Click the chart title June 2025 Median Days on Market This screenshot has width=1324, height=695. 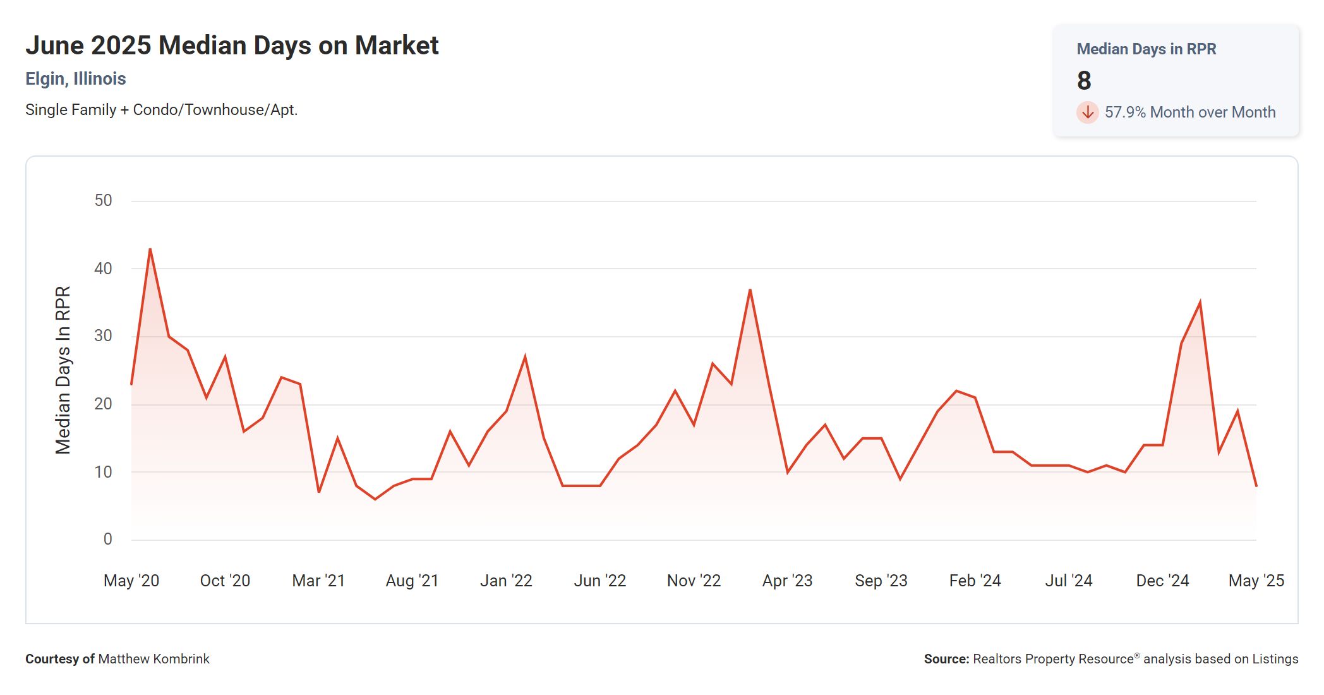coord(232,46)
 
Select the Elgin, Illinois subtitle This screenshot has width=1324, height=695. coord(76,79)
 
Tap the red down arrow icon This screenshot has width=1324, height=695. coord(1087,112)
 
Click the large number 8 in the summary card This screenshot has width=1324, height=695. coord(1084,81)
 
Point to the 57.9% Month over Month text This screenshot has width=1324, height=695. coord(1189,112)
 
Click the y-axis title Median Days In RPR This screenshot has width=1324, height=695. coord(63,370)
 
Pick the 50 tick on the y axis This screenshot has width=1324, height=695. coord(103,201)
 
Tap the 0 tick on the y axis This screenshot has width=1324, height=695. coord(107,539)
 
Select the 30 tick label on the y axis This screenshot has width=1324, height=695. coord(103,336)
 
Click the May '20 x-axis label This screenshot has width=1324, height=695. coord(131,581)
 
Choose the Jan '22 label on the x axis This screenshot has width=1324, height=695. coord(506,581)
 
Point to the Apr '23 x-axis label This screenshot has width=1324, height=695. coord(787,581)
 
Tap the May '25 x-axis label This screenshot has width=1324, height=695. coord(1256,581)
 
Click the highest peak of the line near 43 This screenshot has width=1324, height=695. coord(150,250)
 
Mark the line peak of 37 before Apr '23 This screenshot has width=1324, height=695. coord(750,290)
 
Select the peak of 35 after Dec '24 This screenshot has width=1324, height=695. coord(1200,303)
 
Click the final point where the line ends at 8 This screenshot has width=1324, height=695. coord(1256,485)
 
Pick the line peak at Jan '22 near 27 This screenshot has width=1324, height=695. coord(525,358)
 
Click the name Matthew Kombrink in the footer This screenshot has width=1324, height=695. coord(153,659)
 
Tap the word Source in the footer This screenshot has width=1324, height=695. coord(946,659)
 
